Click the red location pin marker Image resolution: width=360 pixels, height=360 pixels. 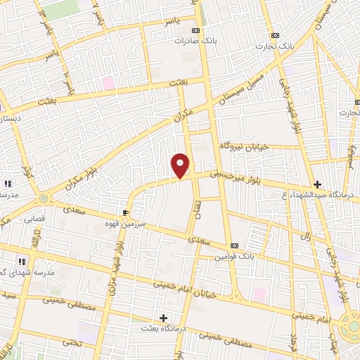point(181,165)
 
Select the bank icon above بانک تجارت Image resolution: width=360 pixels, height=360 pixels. point(275,34)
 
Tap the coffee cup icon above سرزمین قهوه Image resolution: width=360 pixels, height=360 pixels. point(126,212)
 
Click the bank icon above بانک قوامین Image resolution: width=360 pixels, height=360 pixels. point(233,245)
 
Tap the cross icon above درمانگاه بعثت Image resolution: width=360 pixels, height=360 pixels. point(163,318)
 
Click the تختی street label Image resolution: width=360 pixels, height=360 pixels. point(70,340)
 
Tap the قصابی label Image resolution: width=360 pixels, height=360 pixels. point(35,219)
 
